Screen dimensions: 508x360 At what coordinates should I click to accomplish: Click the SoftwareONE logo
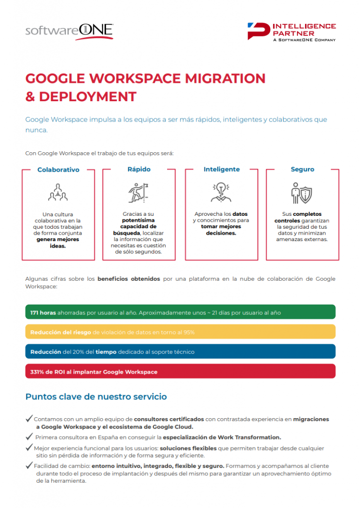(x=69, y=31)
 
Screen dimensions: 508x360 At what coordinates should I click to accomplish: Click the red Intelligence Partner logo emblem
(x=259, y=31)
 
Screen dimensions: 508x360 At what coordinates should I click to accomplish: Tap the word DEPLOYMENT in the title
(x=87, y=96)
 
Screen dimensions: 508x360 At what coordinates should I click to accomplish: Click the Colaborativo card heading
(x=59, y=170)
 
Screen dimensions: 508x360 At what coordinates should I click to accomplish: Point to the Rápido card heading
(x=139, y=169)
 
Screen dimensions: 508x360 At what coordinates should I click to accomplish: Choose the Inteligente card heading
(x=222, y=169)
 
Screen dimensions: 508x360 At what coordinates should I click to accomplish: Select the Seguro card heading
(x=302, y=169)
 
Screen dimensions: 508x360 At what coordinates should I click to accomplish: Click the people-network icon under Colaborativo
(x=58, y=192)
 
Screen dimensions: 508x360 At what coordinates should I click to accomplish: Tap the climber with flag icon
(x=139, y=191)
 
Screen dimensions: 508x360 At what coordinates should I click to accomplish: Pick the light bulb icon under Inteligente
(x=221, y=191)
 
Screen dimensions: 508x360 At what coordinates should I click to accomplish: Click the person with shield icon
(x=302, y=192)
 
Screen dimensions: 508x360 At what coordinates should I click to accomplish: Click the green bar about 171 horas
(x=180, y=312)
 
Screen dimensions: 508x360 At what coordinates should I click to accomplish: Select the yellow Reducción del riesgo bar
(x=180, y=332)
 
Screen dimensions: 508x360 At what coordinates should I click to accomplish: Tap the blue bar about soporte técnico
(x=180, y=352)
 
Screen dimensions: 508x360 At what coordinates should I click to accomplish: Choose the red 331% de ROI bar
(x=180, y=372)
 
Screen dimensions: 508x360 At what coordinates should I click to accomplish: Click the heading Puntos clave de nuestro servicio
(x=96, y=397)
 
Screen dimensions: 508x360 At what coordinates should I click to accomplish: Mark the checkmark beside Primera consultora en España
(x=29, y=437)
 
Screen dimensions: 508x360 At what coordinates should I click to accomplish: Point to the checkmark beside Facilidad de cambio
(x=29, y=465)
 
